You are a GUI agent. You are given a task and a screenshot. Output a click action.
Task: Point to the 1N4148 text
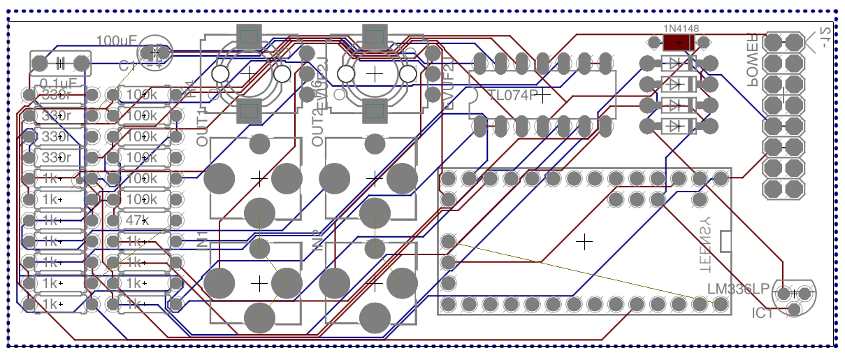(681, 29)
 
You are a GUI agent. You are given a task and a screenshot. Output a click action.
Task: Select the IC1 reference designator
(763, 313)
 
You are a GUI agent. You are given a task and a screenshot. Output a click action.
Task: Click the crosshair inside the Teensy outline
(585, 241)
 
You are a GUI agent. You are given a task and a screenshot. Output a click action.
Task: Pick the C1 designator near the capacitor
(127, 66)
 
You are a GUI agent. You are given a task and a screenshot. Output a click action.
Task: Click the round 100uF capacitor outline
(155, 52)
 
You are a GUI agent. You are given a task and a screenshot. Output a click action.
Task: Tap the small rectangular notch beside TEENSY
(725, 241)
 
